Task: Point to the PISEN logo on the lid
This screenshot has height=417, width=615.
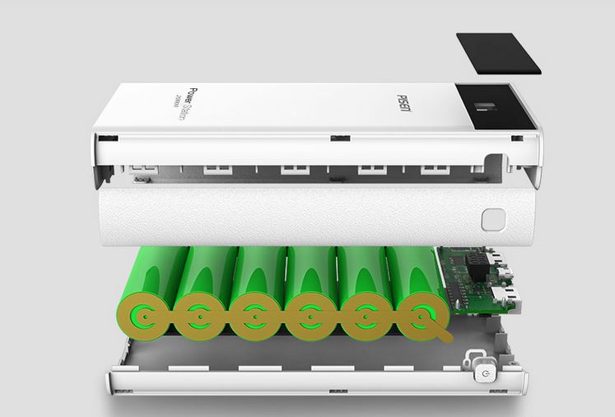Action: click(409, 104)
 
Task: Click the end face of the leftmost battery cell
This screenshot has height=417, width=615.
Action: click(149, 314)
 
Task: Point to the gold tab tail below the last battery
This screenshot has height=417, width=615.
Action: click(445, 335)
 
